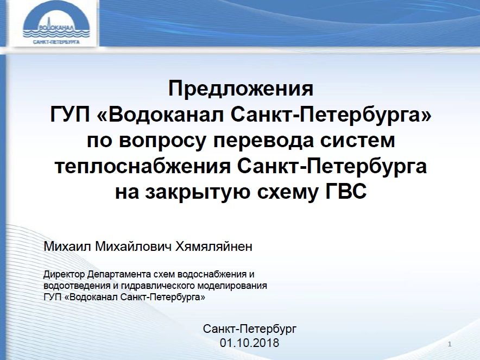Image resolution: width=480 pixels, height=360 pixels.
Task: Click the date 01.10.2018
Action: pyautogui.click(x=249, y=343)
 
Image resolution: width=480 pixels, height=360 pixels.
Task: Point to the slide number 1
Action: pyautogui.click(x=451, y=345)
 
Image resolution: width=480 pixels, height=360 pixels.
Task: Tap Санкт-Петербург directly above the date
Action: pyautogui.click(x=249, y=329)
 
